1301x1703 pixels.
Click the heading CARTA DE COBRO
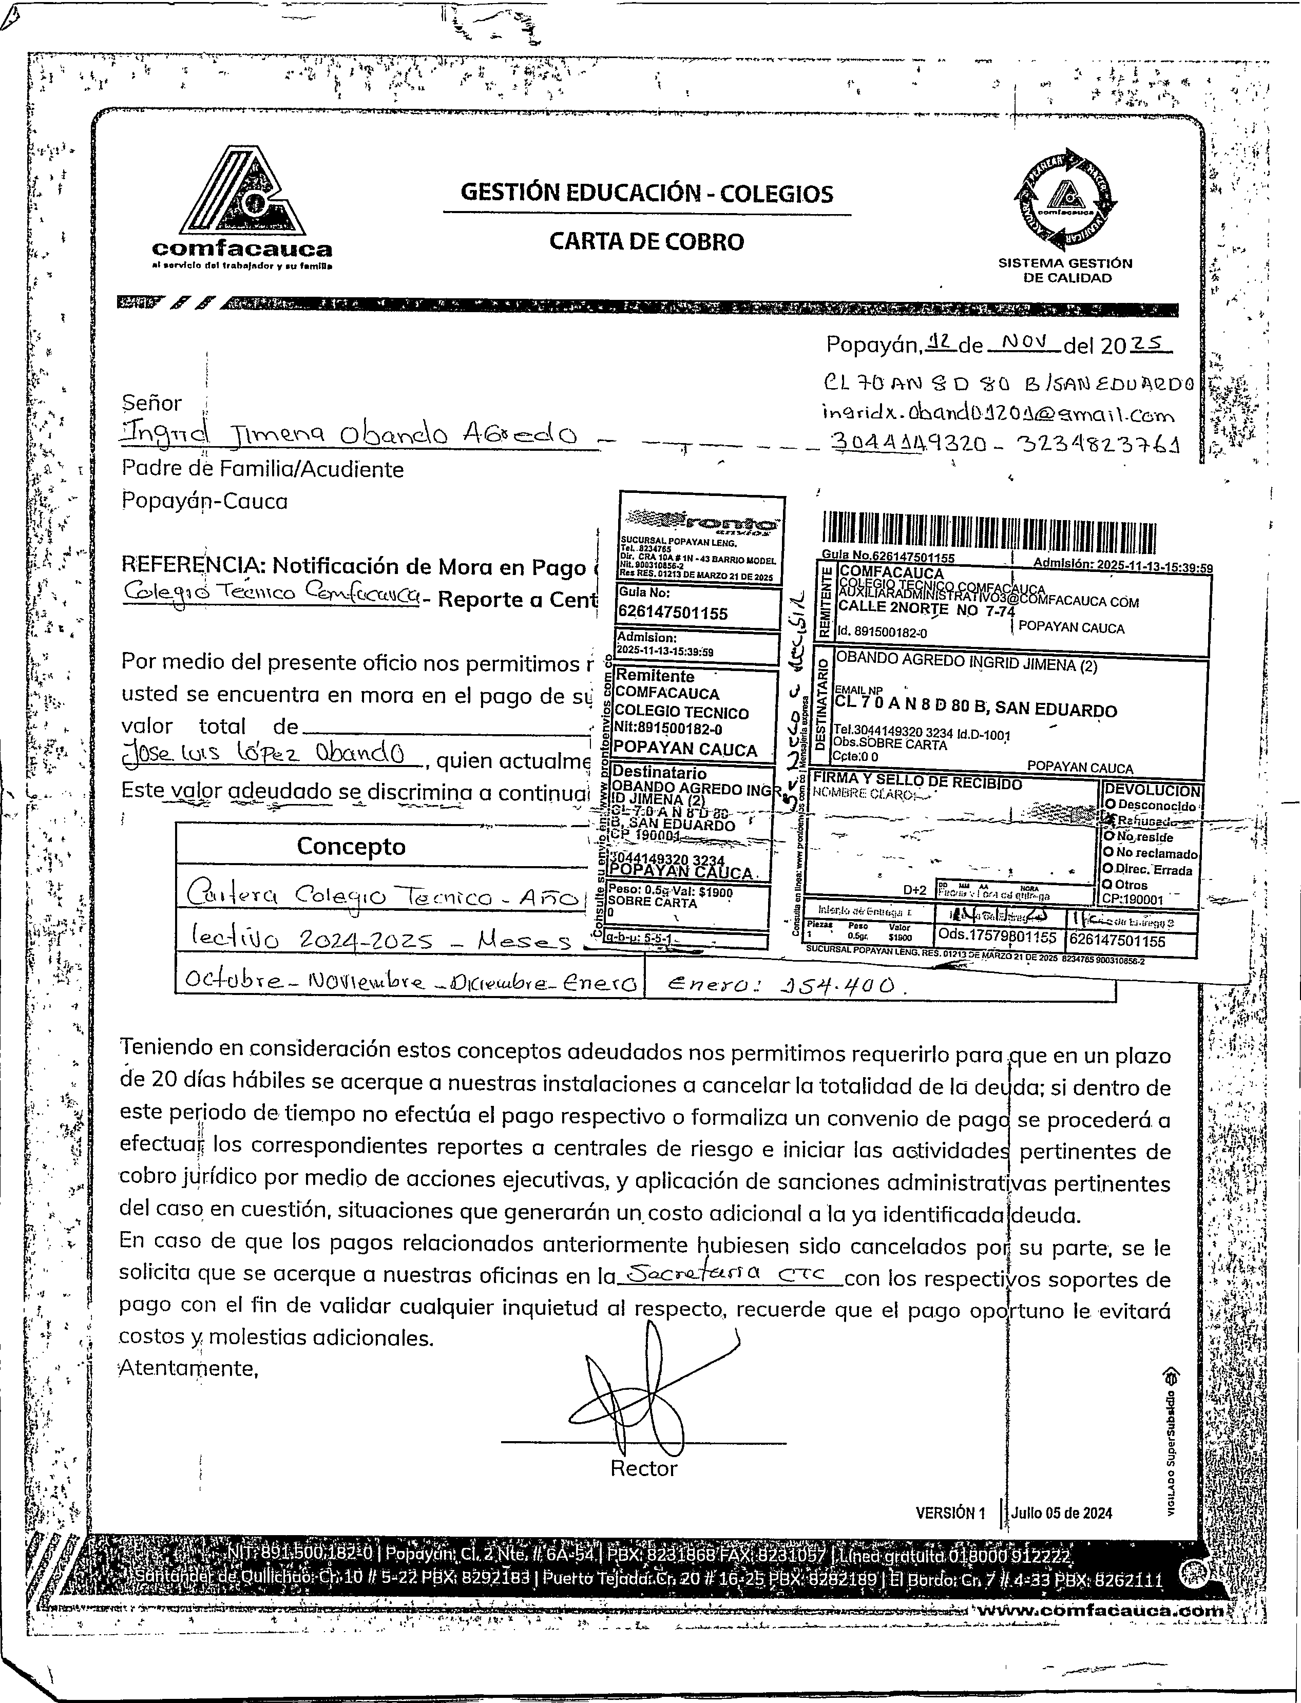646,242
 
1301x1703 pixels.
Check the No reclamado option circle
1109,853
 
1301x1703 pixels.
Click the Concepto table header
351,847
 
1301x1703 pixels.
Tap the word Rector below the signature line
643,1468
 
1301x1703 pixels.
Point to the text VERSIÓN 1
950,1513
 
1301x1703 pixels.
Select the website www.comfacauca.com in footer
1100,1610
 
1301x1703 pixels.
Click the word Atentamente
188,1368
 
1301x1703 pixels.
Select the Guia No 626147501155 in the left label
672,614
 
